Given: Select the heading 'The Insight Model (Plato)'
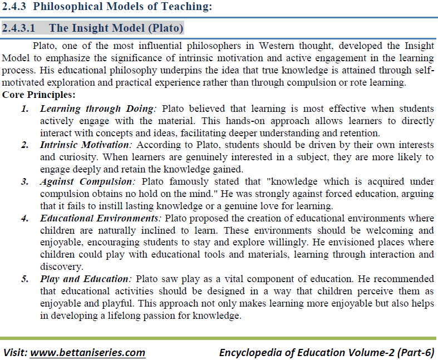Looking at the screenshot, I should (116, 28).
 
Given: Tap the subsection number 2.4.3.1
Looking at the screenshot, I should (20, 28).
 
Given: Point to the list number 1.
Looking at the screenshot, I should (25, 109).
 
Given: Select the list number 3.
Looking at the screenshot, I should (25, 182).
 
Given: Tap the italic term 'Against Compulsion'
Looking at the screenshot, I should (87, 182).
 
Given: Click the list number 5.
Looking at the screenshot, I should (25, 279).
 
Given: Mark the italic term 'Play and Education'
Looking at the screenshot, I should (84, 279).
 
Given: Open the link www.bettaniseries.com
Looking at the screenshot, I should (87, 352).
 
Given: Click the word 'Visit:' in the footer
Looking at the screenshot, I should (15, 352).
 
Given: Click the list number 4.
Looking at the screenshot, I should (25, 218).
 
